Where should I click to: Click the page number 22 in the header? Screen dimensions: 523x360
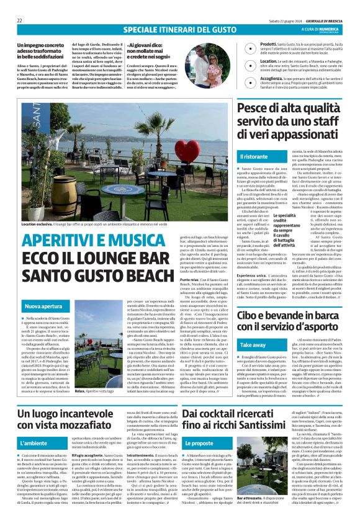(x=20, y=20)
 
